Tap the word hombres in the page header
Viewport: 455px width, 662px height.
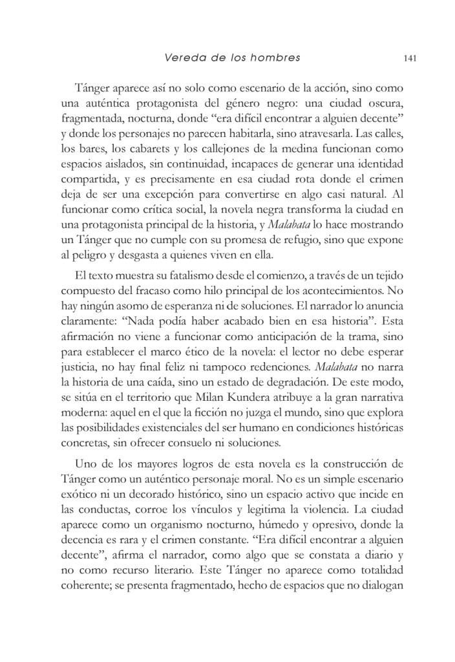click(277, 58)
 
